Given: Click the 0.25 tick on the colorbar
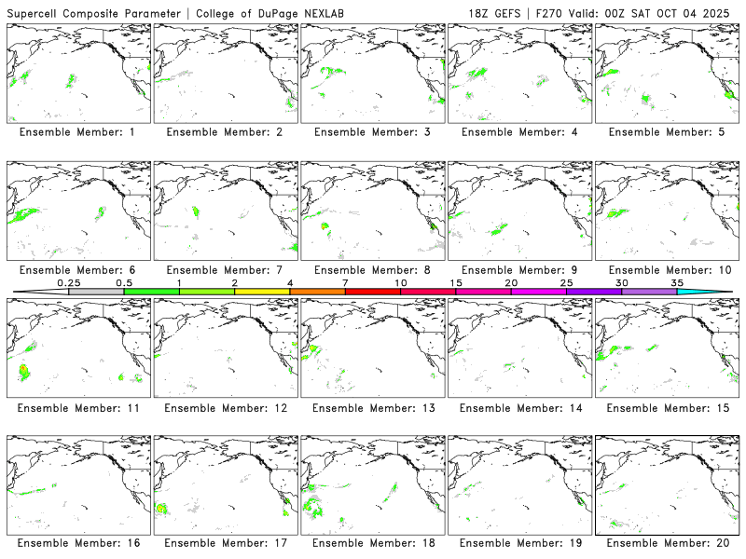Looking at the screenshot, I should pos(69,292).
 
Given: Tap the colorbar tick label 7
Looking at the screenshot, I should pos(345,282).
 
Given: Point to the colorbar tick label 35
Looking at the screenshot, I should pos(677,282).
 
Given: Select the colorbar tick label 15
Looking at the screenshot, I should pos(456,282).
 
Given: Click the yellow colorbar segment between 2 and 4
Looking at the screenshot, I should pos(262,292).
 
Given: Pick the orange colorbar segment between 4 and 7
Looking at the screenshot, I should pos(317,292).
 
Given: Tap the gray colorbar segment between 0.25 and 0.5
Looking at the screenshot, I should pos(96,292).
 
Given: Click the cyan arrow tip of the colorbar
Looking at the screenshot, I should pos(718,292).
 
